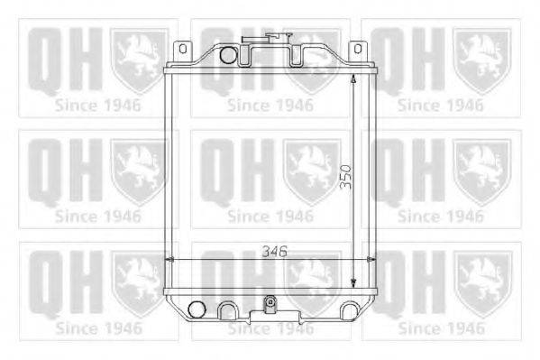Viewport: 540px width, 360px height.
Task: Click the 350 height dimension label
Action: tap(346, 177)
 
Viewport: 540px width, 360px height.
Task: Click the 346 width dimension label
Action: tap(274, 252)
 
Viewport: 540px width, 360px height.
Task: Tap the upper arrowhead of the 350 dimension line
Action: tap(353, 79)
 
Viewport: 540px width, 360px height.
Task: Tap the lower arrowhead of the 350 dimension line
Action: tap(353, 283)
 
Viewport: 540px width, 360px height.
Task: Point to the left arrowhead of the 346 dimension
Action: tap(169, 260)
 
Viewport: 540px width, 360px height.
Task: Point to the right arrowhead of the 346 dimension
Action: tap(371, 259)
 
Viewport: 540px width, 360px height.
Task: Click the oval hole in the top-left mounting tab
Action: tap(183, 49)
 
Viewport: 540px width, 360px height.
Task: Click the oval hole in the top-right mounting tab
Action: tap(358, 49)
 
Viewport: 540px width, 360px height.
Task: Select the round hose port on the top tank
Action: tap(228, 55)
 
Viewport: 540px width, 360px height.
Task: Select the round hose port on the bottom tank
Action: tap(197, 309)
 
